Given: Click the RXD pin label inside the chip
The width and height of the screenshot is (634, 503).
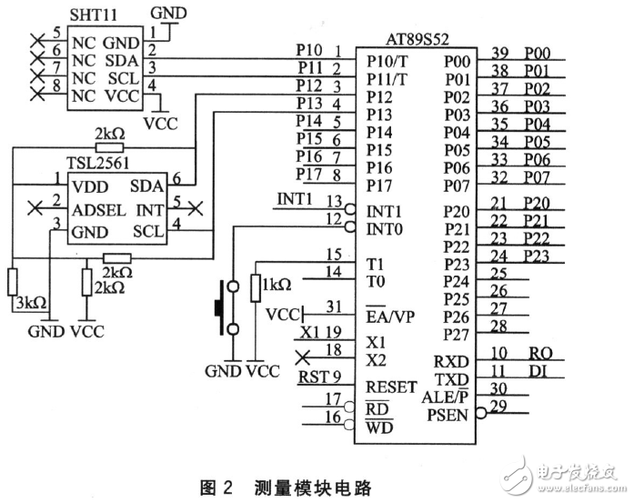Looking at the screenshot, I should [x=450, y=361].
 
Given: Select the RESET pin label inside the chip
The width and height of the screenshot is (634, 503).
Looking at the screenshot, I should [x=391, y=387].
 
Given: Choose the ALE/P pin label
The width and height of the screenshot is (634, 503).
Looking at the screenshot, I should [x=446, y=397].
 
